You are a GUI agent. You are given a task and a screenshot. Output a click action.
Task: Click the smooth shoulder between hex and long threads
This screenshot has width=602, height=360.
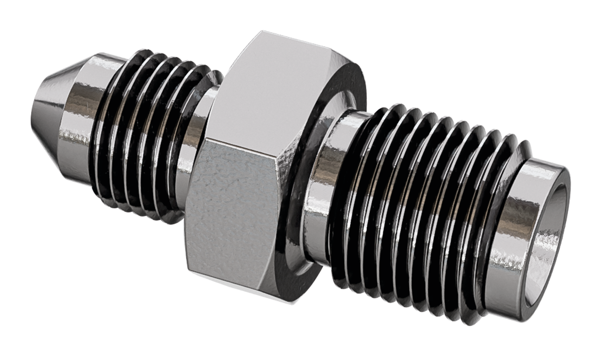325,188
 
